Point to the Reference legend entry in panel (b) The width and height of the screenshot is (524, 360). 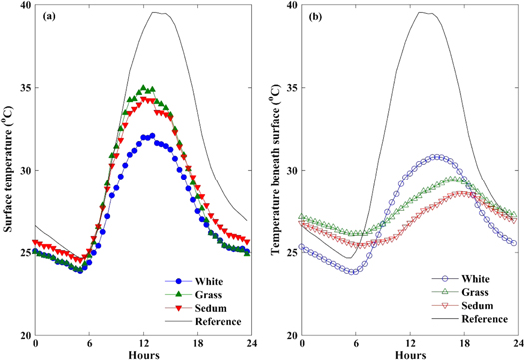click(x=455, y=317)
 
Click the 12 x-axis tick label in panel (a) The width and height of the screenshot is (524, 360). click(x=143, y=342)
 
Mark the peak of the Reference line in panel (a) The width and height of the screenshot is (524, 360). click(x=155, y=12)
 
